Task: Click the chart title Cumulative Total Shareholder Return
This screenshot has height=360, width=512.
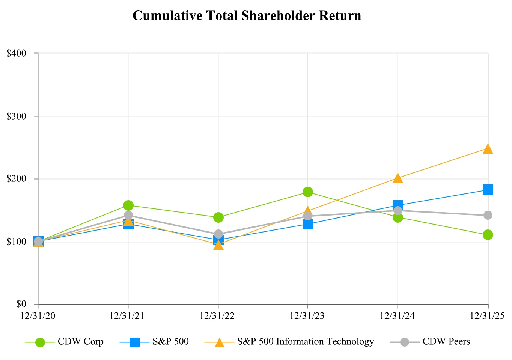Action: (x=247, y=16)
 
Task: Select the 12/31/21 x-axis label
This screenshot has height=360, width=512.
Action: (x=128, y=316)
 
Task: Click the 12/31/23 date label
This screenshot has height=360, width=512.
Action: (x=307, y=316)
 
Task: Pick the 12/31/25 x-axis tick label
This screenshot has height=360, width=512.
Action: (x=488, y=316)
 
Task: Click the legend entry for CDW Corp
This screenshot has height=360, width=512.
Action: (x=80, y=342)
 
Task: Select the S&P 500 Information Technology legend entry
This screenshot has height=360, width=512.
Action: (x=306, y=342)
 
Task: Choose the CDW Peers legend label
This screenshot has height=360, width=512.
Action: (x=446, y=342)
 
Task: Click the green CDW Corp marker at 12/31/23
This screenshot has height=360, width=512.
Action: (x=308, y=192)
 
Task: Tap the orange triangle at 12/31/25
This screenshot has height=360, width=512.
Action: (x=488, y=149)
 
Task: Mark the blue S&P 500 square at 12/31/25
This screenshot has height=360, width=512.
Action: (x=488, y=190)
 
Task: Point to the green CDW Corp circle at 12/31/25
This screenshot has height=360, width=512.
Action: (x=488, y=235)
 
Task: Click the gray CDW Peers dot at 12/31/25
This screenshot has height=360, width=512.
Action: (x=488, y=215)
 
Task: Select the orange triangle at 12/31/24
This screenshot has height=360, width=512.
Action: (x=398, y=178)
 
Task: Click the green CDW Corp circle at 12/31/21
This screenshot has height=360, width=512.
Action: (x=128, y=205)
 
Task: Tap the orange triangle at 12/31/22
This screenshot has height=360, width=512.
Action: (x=218, y=245)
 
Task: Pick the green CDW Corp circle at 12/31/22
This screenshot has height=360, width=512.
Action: (x=218, y=217)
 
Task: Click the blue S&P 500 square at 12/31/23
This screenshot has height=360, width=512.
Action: (x=308, y=224)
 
